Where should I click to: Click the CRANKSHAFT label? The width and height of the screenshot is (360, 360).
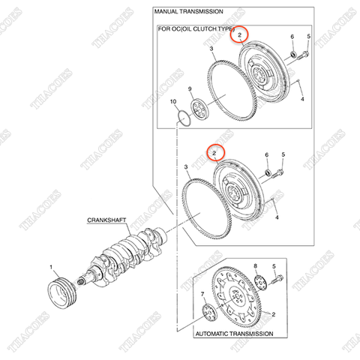click(x=106, y=220)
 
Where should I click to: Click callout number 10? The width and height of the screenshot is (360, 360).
click(x=173, y=101)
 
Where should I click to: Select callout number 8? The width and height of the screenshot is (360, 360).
click(x=255, y=267)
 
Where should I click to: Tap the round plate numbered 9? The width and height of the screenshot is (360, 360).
click(x=200, y=109)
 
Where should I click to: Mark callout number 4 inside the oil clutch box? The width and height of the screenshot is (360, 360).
click(x=301, y=98)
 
